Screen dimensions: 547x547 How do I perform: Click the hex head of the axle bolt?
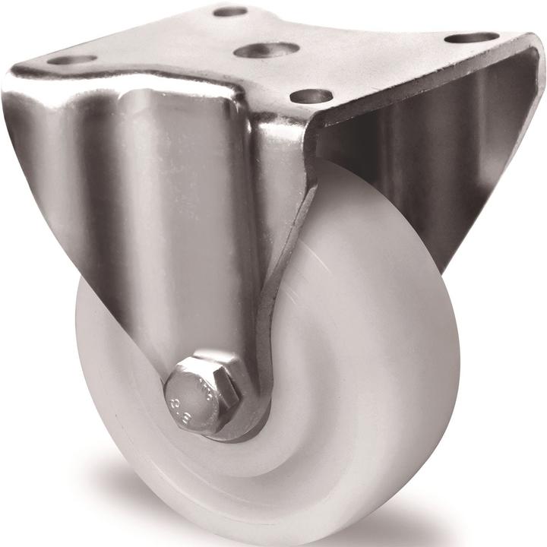pyautogui.click(x=201, y=394)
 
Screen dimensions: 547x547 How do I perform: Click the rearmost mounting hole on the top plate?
pyautogui.click(x=229, y=12)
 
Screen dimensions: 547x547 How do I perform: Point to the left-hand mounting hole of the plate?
pyautogui.click(x=72, y=59)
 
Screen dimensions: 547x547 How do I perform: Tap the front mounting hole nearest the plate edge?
pyautogui.click(x=311, y=96)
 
